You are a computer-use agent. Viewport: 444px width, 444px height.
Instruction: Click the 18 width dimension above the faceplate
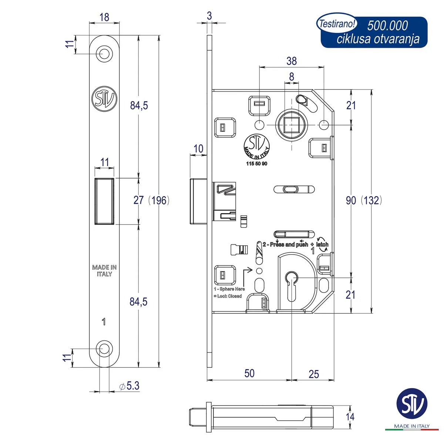pos(104,17)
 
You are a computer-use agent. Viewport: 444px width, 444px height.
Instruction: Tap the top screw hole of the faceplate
pos(104,54)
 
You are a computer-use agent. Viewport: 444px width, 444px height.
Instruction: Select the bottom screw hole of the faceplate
pos(104,349)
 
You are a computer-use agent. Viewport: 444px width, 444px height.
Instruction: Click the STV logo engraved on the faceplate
pos(104,99)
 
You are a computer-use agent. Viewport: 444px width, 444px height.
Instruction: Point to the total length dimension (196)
pos(159,200)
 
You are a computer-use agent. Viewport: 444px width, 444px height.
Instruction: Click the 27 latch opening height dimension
pos(138,200)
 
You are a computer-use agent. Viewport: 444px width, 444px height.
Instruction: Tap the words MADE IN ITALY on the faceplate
pos(104,270)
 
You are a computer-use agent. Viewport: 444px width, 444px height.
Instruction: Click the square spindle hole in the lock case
pos(291,125)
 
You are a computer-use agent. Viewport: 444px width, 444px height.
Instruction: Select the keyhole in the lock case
pos(292,286)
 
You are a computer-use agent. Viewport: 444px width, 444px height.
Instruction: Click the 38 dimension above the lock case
pos(292,61)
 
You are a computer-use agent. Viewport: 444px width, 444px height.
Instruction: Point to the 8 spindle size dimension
pos(292,77)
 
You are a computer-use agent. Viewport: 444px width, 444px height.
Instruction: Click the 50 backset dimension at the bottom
pos(249,373)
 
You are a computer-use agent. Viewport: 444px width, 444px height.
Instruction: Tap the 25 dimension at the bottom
pos(314,374)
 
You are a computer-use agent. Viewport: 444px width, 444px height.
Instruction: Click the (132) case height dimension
pos(371,200)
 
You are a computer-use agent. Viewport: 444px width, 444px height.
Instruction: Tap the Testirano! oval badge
pos(337,24)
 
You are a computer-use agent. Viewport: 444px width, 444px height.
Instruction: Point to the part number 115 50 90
pos(257,164)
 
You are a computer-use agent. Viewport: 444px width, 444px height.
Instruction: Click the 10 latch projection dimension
pos(198,149)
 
